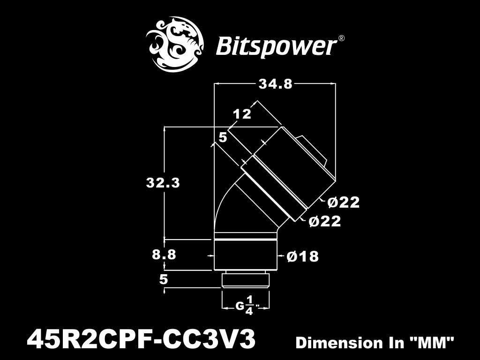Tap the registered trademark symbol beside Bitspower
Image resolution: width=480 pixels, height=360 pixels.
(341, 38)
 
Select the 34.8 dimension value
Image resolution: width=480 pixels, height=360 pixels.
(276, 83)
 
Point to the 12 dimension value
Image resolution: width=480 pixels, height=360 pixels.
(242, 114)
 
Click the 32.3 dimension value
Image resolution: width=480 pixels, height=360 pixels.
(163, 183)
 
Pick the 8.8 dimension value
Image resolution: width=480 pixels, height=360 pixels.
(164, 255)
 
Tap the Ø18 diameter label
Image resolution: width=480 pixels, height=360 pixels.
(303, 256)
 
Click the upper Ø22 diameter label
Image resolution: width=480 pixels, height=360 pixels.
(344, 202)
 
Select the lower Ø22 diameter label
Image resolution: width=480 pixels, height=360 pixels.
(325, 221)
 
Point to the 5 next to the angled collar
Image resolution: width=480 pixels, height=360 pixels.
(223, 137)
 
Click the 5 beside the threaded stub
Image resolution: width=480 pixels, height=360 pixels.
(164, 280)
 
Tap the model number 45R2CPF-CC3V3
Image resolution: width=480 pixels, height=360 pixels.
(141, 339)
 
